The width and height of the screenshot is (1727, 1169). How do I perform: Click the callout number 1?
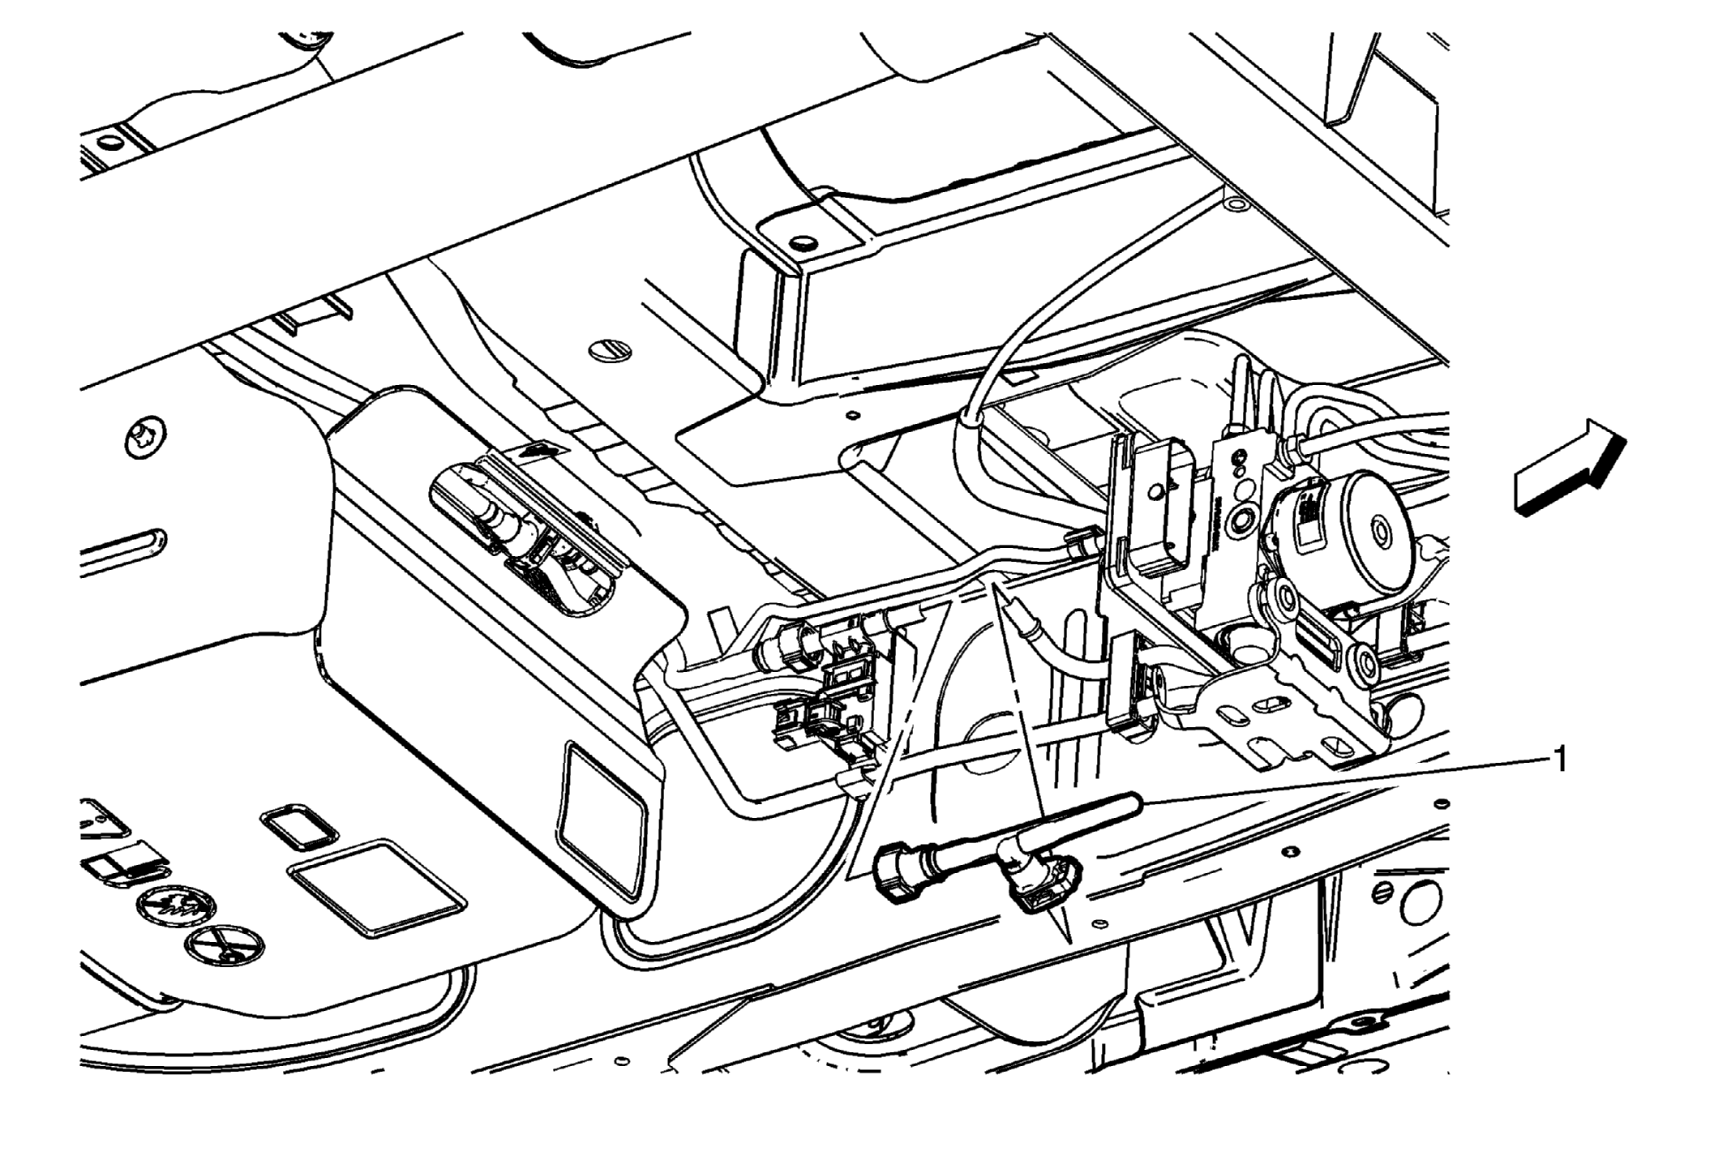pos(1558,760)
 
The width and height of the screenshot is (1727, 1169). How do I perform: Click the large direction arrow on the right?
pos(1570,468)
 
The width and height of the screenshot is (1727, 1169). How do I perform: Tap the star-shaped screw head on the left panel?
pos(148,440)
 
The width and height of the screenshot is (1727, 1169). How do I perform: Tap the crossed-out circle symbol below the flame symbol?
pos(224,944)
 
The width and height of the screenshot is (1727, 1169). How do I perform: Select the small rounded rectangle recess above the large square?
pos(298,828)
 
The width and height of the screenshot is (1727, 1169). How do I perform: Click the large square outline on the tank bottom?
pos(376,889)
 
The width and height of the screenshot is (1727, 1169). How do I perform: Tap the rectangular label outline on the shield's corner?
pos(602,820)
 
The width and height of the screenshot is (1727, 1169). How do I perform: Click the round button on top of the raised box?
pos(802,242)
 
